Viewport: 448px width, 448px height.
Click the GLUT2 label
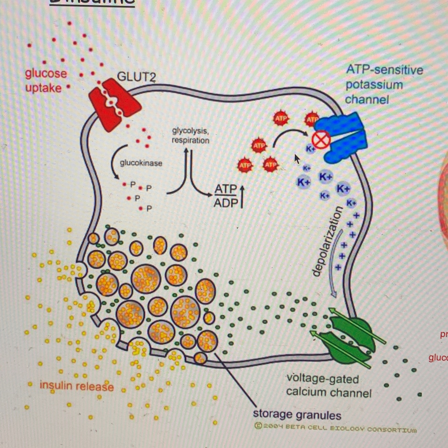point(136,77)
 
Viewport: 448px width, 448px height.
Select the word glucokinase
point(141,163)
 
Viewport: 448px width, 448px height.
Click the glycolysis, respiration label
point(190,135)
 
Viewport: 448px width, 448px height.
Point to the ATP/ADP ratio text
point(226,196)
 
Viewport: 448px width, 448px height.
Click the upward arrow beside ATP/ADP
point(242,196)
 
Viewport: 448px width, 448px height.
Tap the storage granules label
point(297,415)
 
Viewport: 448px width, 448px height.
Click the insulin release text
point(77,386)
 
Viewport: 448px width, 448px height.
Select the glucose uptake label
point(45,81)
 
